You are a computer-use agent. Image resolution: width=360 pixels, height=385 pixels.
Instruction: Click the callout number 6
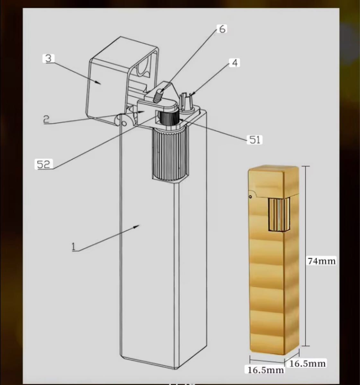(223, 29)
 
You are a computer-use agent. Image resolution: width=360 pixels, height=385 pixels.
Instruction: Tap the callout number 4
(235, 63)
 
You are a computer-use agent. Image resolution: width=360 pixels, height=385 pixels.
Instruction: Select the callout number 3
(48, 58)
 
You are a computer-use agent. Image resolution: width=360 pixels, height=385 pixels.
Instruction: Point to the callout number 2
(46, 119)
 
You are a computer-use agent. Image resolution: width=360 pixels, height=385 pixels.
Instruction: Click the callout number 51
(255, 140)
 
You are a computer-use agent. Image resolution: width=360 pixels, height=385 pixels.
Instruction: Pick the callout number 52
(43, 164)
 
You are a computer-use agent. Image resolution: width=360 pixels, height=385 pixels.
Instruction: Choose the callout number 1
(73, 247)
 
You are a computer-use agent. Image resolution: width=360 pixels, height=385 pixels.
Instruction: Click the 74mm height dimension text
(322, 261)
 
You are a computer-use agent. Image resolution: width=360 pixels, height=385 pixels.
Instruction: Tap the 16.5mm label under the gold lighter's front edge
(266, 370)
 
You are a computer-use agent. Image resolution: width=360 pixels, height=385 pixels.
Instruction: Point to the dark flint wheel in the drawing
(169, 119)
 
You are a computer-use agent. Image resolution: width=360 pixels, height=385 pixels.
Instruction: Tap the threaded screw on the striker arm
(157, 97)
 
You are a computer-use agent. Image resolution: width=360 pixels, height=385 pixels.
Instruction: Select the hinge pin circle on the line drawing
(124, 123)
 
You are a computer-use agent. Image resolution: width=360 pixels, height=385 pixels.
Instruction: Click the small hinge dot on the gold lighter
(250, 197)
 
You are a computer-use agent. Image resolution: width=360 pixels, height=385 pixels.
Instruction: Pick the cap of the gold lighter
(274, 181)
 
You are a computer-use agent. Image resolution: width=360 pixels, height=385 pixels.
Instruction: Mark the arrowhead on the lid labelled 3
(98, 82)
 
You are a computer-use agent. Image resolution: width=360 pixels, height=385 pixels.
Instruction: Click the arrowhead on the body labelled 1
(137, 226)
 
